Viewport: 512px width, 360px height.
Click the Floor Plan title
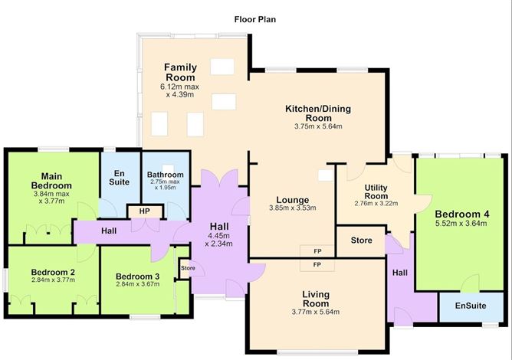tap(256, 18)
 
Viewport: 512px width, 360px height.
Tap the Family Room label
tap(180, 73)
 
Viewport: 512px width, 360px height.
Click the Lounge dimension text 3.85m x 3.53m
tap(292, 208)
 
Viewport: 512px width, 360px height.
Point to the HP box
tap(143, 212)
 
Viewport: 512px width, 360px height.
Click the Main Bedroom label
tap(51, 181)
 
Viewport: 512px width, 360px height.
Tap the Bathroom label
tap(166, 175)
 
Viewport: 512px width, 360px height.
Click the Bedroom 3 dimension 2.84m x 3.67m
tap(137, 286)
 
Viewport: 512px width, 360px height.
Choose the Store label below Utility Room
tap(361, 241)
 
